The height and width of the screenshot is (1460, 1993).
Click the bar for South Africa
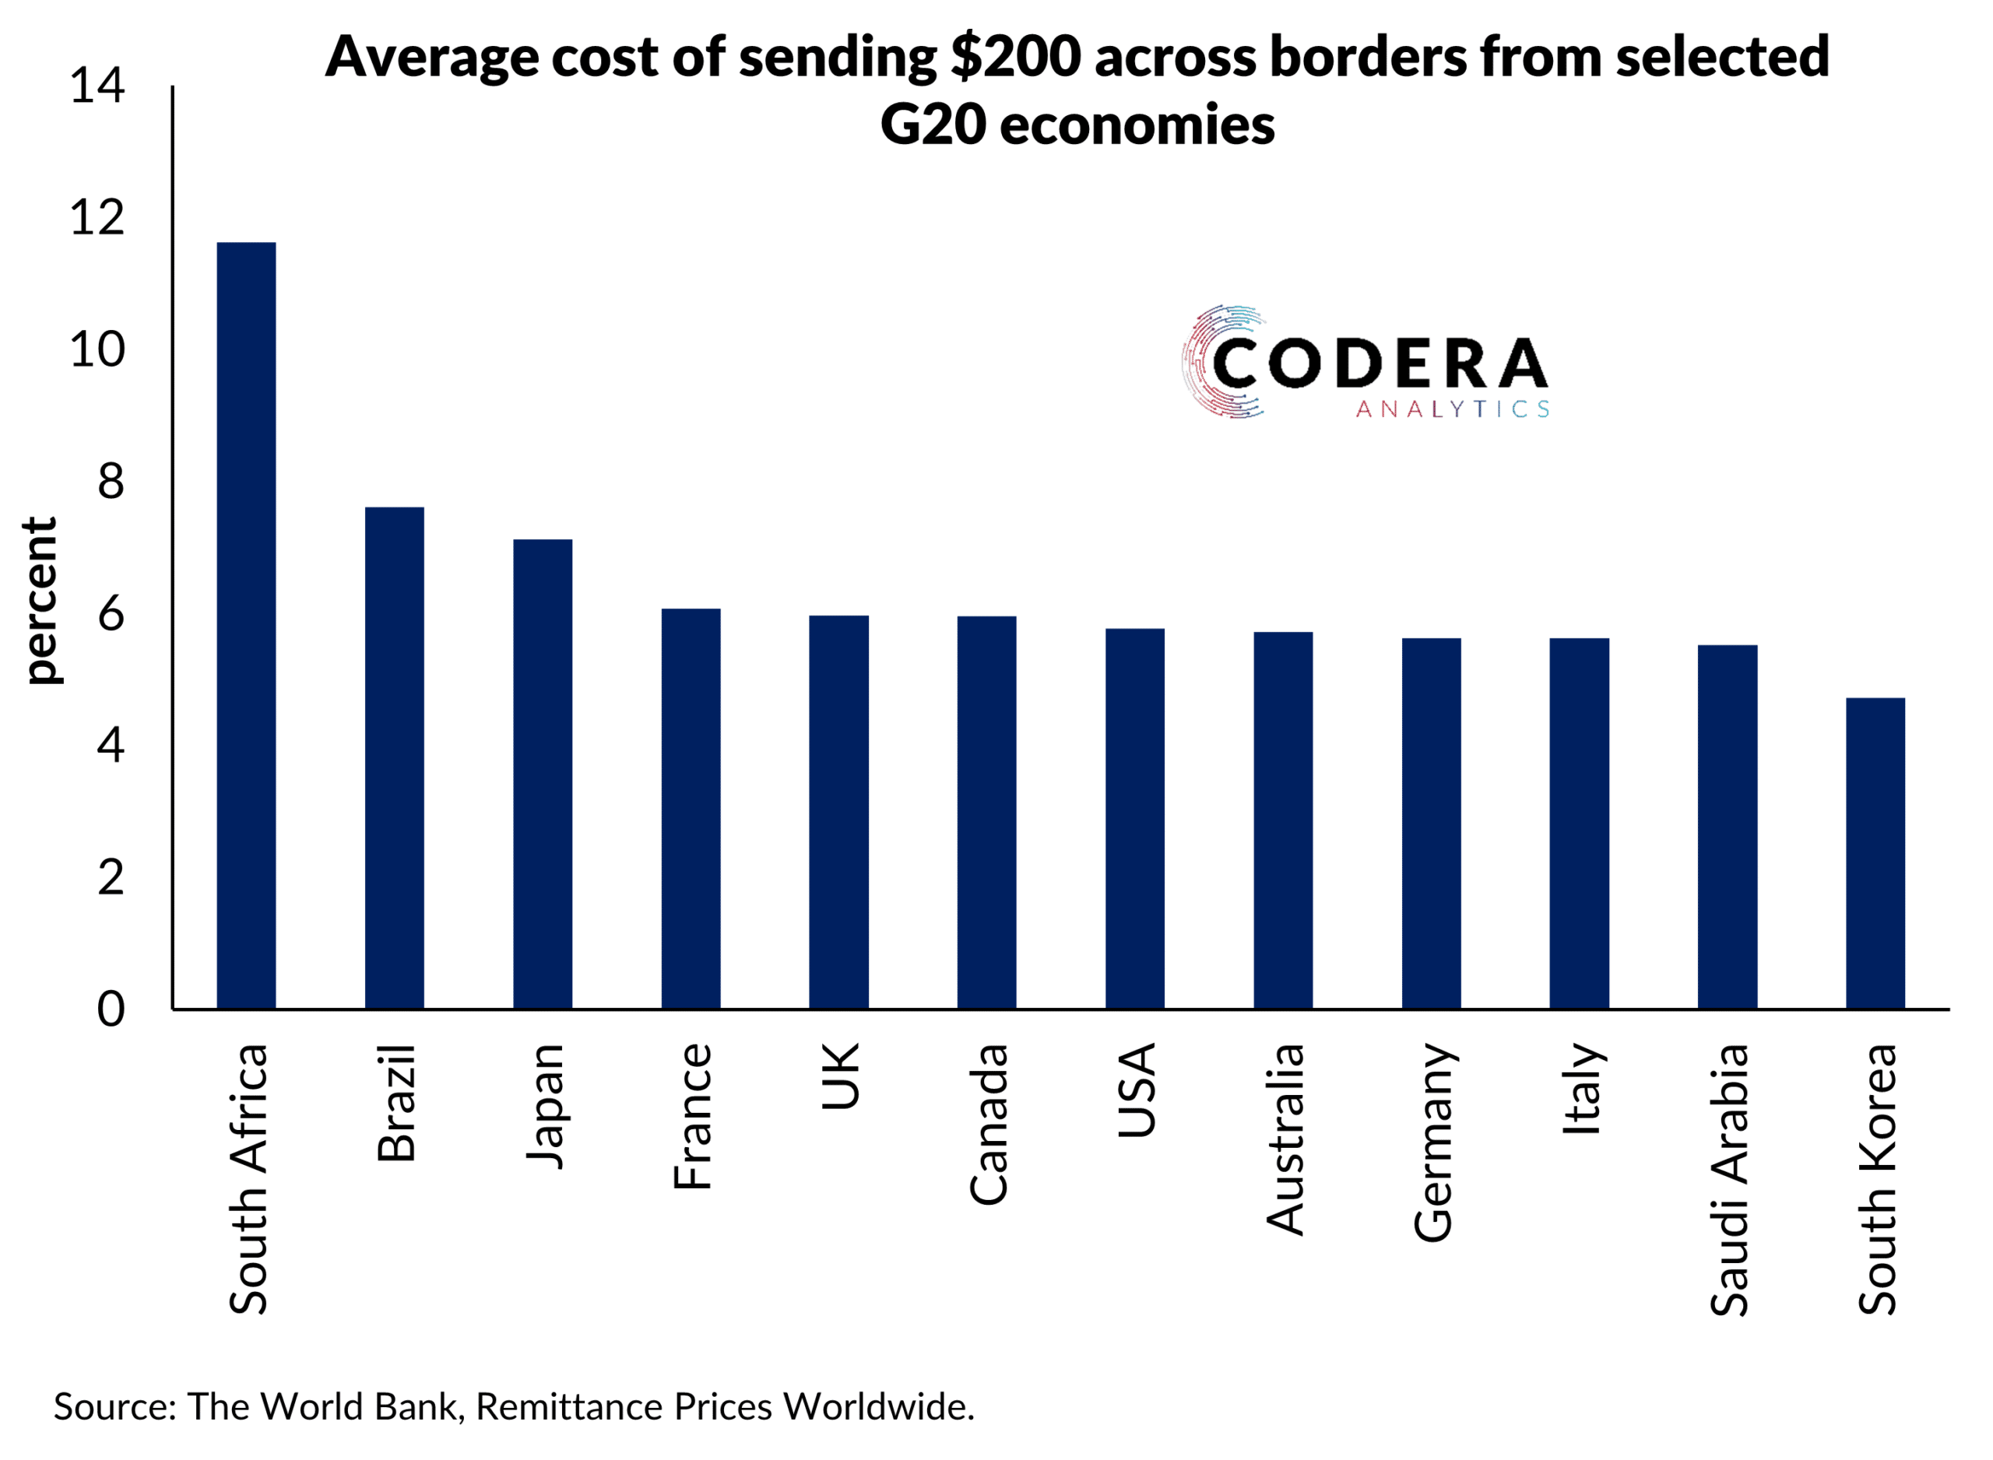coord(246,625)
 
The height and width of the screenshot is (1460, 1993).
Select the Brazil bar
coord(394,757)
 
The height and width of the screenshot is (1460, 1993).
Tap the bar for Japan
coord(543,774)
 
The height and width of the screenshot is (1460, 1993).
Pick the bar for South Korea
coord(1875,853)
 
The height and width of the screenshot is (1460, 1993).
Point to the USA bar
coord(1135,819)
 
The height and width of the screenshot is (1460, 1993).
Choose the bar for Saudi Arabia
coord(1727,827)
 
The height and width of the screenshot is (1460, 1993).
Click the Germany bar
coord(1431,823)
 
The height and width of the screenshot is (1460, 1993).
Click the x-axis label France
coord(692,1116)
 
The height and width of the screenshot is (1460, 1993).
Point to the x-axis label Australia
coord(1285,1139)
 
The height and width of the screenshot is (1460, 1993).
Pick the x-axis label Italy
coord(1581,1089)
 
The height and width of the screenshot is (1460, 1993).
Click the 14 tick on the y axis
coord(97,86)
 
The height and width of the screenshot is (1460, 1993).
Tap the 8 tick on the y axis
coord(111,483)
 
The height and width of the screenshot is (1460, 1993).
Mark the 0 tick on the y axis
coord(111,1009)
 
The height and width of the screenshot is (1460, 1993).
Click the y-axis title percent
coord(40,601)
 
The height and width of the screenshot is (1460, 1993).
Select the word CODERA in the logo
coord(1380,363)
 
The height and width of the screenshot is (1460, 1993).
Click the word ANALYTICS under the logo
coord(1452,409)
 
